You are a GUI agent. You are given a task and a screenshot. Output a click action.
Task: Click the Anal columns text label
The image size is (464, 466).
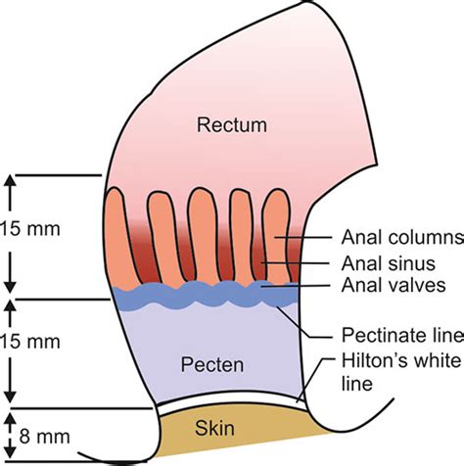[x=402, y=237]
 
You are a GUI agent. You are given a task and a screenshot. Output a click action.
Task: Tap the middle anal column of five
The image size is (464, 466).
[x=202, y=235]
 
